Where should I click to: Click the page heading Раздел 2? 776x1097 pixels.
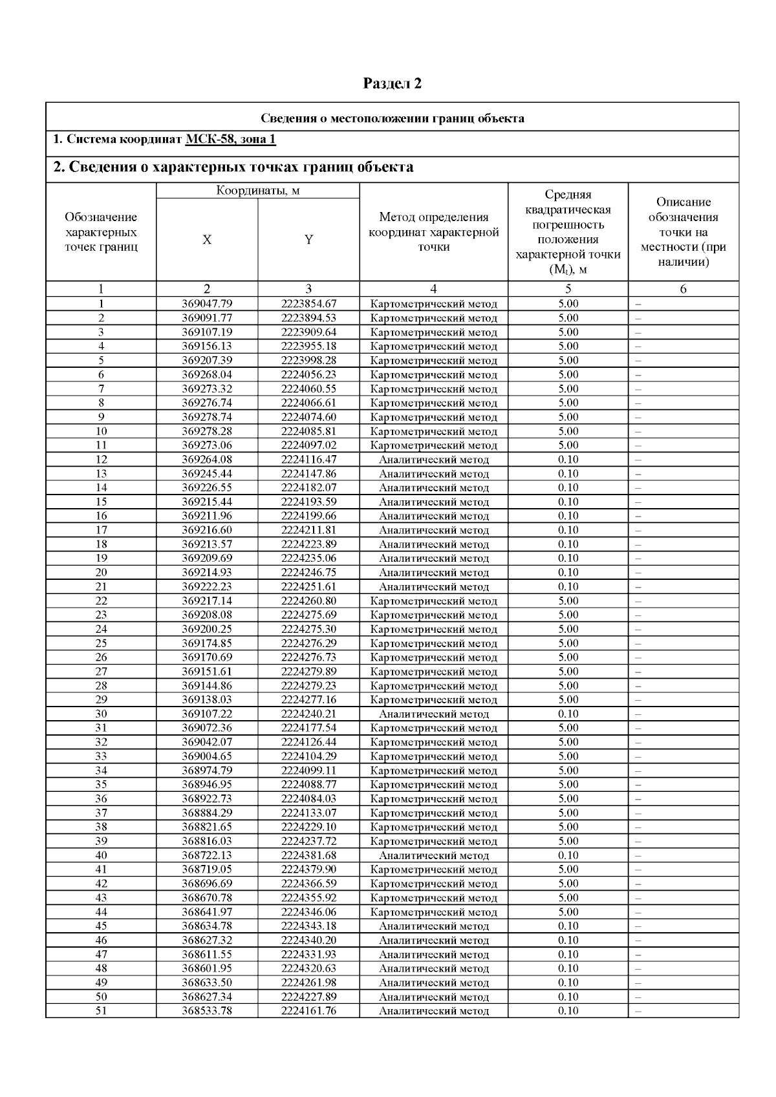(392, 83)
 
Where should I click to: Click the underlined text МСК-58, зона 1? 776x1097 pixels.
(231, 140)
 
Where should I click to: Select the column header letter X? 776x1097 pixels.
(207, 240)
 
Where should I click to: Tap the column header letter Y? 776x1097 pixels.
(308, 240)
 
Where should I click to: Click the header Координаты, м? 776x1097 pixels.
(257, 191)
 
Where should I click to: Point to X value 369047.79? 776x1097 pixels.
(207, 304)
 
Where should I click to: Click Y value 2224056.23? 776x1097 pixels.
(308, 375)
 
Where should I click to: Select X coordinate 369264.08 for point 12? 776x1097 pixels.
(207, 460)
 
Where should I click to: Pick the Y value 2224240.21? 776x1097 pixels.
(308, 714)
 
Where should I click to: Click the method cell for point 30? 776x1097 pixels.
(433, 714)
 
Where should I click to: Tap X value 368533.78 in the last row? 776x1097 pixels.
(207, 1011)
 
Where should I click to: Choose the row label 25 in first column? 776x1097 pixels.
(101, 643)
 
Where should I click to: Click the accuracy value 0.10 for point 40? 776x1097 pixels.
(568, 855)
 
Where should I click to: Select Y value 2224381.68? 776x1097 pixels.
(308, 855)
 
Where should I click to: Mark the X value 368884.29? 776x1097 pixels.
(207, 813)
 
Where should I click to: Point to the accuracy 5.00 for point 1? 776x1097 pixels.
(568, 304)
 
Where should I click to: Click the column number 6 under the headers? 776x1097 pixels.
(683, 290)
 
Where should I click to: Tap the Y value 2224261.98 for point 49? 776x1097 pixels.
(308, 983)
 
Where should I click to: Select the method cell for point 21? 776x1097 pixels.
(433, 587)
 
